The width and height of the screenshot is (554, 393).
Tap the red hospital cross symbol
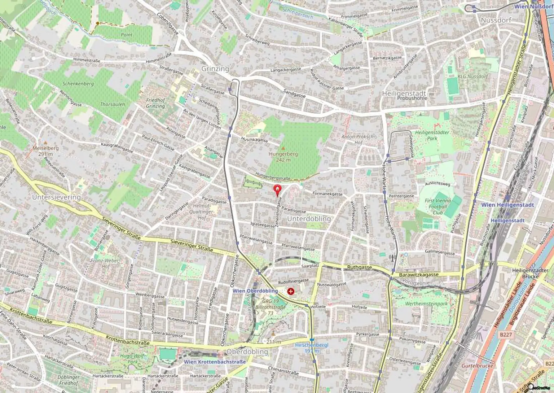pos(291,291)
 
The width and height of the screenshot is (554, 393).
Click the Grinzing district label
pos(215,69)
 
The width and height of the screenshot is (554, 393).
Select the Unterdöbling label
pos(309,219)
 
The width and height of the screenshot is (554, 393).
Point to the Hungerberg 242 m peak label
pos(283,157)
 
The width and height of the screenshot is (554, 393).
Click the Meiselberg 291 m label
pos(45,151)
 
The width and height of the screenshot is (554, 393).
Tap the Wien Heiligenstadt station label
pos(507,205)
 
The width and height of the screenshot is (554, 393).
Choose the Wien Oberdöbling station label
pos(255,291)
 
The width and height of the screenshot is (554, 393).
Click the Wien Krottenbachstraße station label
pos(215,362)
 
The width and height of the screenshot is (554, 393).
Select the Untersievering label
pos(56,197)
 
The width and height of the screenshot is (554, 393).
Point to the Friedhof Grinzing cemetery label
pos(155,103)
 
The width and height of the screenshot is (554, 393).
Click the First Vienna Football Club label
pos(438,206)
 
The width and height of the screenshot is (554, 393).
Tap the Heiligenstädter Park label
pos(432,135)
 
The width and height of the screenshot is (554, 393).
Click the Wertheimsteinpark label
pos(426,304)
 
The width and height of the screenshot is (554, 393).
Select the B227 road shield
pos(506,335)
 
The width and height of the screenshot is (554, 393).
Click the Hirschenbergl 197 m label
pos(312,348)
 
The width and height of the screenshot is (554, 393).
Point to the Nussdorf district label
pos(496,20)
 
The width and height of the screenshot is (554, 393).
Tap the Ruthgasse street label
pos(359,267)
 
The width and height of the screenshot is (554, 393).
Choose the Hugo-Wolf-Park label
pos(132,359)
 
